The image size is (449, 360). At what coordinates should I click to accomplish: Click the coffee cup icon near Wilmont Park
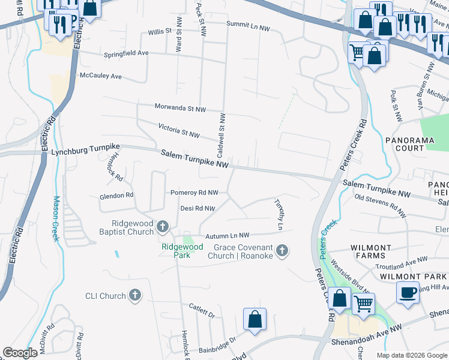click(408, 293)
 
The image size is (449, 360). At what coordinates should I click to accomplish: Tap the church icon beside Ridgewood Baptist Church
click(163, 227)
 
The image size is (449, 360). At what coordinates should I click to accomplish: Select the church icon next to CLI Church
click(136, 295)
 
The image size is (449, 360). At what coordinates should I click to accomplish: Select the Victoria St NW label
click(179, 131)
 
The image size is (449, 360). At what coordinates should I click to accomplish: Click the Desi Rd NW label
click(197, 209)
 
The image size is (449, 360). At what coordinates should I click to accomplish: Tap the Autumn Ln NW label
click(227, 235)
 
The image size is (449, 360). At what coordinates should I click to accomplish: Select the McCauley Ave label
click(101, 77)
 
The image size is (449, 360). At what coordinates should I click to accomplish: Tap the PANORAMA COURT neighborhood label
click(412, 144)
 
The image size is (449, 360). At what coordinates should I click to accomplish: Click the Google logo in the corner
click(20, 353)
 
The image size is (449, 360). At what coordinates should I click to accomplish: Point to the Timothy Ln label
click(279, 215)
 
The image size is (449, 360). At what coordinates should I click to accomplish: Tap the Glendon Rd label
click(117, 196)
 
